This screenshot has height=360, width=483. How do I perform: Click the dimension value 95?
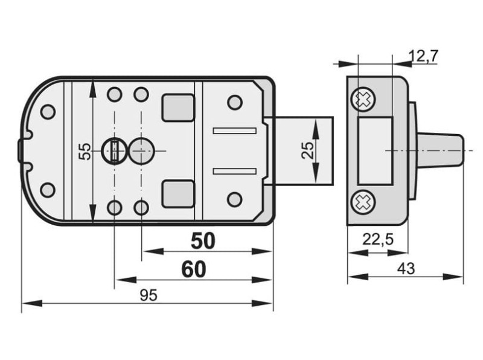point(149,295)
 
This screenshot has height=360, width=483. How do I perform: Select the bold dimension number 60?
point(194,269)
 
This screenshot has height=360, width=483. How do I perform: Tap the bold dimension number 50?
point(203,241)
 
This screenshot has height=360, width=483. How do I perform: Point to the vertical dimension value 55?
point(85,151)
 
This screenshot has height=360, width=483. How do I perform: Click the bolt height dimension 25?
point(308,150)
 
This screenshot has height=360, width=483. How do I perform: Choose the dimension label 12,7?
point(423,56)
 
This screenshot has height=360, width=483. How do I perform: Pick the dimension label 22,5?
point(378,239)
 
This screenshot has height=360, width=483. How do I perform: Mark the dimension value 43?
point(406,269)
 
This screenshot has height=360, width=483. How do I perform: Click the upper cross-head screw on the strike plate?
point(363,99)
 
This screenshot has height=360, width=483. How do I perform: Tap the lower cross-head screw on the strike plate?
point(363,202)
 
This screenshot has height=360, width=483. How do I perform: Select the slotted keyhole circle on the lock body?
point(114,151)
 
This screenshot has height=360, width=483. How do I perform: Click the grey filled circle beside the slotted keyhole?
point(141,151)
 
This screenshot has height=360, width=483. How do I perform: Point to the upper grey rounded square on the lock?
point(178,108)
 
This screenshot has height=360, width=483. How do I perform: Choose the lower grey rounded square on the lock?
point(178,194)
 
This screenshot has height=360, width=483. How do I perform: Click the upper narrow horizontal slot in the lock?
point(235,131)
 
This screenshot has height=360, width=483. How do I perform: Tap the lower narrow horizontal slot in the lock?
point(235,172)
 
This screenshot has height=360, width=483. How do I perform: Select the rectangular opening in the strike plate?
point(375,151)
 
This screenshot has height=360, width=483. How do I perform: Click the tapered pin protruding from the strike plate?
point(440,150)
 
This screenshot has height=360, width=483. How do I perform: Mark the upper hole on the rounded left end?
point(48,112)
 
